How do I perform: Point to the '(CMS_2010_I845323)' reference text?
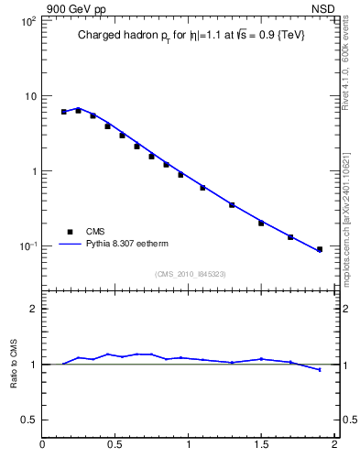pos(190,274)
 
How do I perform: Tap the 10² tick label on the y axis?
pos(27,21)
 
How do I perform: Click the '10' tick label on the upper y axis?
pos(29,96)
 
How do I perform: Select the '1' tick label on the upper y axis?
pos(32,171)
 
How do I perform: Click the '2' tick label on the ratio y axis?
pos(32,309)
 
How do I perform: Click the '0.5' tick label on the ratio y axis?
pos(27,420)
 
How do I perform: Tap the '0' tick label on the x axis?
pos(42,446)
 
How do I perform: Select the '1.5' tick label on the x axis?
pos(261,446)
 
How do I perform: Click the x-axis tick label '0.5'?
pos(115,446)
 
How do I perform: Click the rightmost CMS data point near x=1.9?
pos(320,249)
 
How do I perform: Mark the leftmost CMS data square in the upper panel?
pos(64,112)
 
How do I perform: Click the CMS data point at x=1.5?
pos(261,223)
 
